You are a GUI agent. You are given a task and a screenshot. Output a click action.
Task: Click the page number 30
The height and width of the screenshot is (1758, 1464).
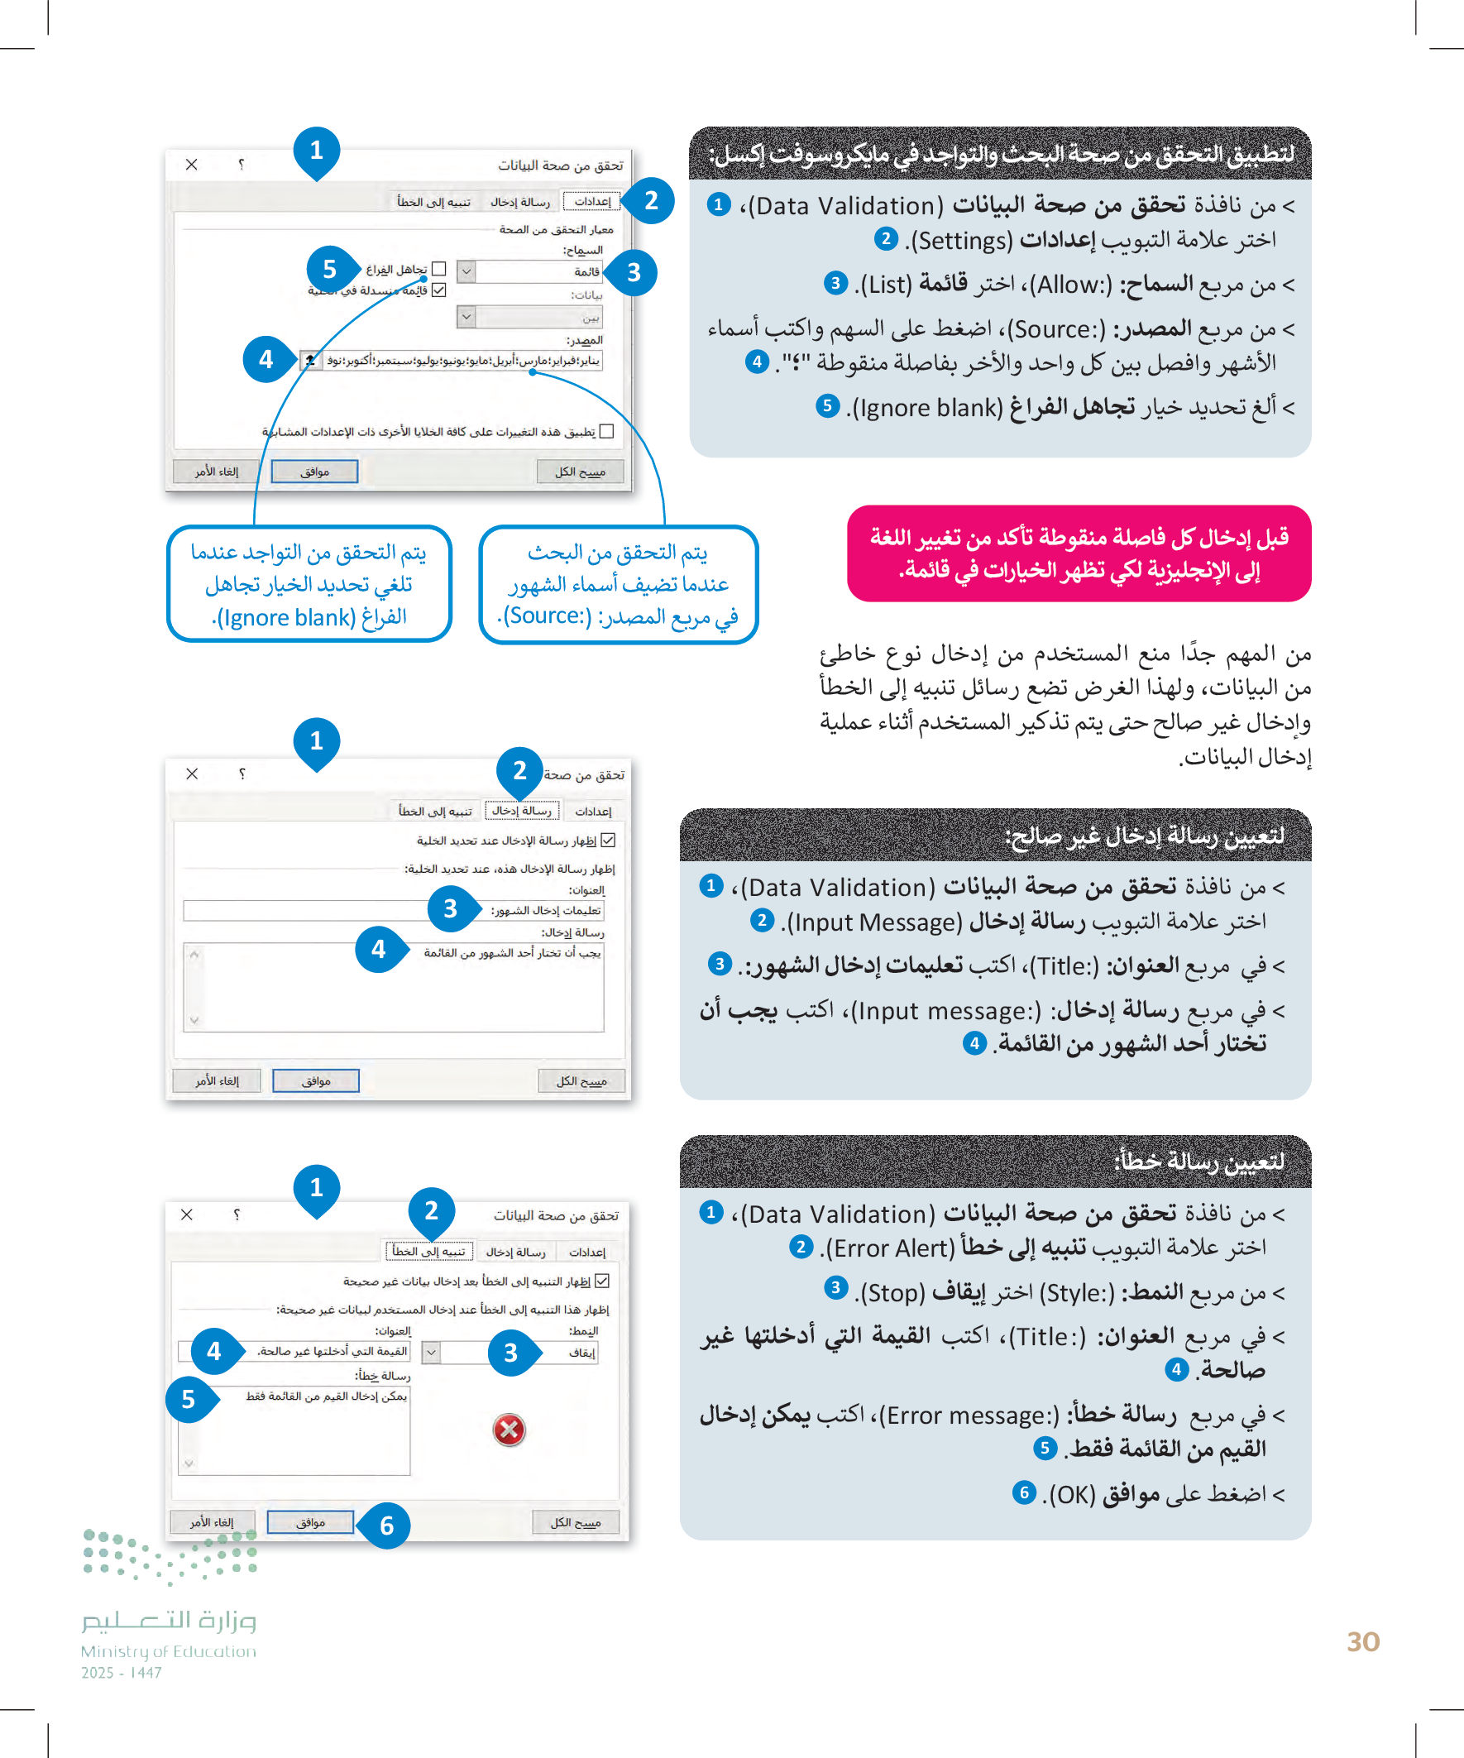point(1362,1641)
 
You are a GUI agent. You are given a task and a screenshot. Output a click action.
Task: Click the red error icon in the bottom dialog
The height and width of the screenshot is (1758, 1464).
point(509,1429)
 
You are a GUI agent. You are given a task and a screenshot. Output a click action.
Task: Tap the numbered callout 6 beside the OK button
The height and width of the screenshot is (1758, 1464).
point(386,1525)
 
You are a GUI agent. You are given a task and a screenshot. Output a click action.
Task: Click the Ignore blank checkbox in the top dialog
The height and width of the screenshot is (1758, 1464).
point(438,269)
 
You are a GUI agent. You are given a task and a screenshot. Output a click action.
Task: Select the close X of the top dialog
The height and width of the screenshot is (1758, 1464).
point(192,164)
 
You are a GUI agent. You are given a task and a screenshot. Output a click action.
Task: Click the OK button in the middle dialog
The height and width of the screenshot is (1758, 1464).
point(316,1080)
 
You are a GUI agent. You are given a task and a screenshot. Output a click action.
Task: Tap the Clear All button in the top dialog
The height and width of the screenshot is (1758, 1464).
point(580,472)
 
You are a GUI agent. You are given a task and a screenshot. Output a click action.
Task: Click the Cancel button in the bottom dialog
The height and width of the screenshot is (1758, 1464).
point(212,1522)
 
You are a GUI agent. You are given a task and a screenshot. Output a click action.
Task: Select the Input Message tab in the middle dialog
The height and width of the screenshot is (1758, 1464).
point(521,811)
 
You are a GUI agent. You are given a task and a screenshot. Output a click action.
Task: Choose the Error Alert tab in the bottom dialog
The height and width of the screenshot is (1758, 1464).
point(429,1252)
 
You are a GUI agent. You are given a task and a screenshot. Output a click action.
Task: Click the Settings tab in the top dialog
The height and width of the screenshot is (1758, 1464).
point(591,201)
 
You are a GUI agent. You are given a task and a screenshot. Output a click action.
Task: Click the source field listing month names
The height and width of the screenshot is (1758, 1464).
point(461,360)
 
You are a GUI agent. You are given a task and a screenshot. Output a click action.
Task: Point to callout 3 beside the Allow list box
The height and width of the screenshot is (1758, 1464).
point(634,272)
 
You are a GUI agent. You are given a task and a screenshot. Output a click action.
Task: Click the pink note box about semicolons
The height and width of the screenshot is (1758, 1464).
point(1078,553)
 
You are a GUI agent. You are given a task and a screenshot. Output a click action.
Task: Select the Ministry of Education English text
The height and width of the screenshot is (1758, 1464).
point(168,1650)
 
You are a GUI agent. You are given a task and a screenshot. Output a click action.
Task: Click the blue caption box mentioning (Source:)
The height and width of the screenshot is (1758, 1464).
point(619,584)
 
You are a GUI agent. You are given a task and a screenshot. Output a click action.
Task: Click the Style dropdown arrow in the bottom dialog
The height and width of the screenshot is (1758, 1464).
point(431,1352)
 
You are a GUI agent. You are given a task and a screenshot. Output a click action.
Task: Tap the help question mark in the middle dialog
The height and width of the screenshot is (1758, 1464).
point(242,774)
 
